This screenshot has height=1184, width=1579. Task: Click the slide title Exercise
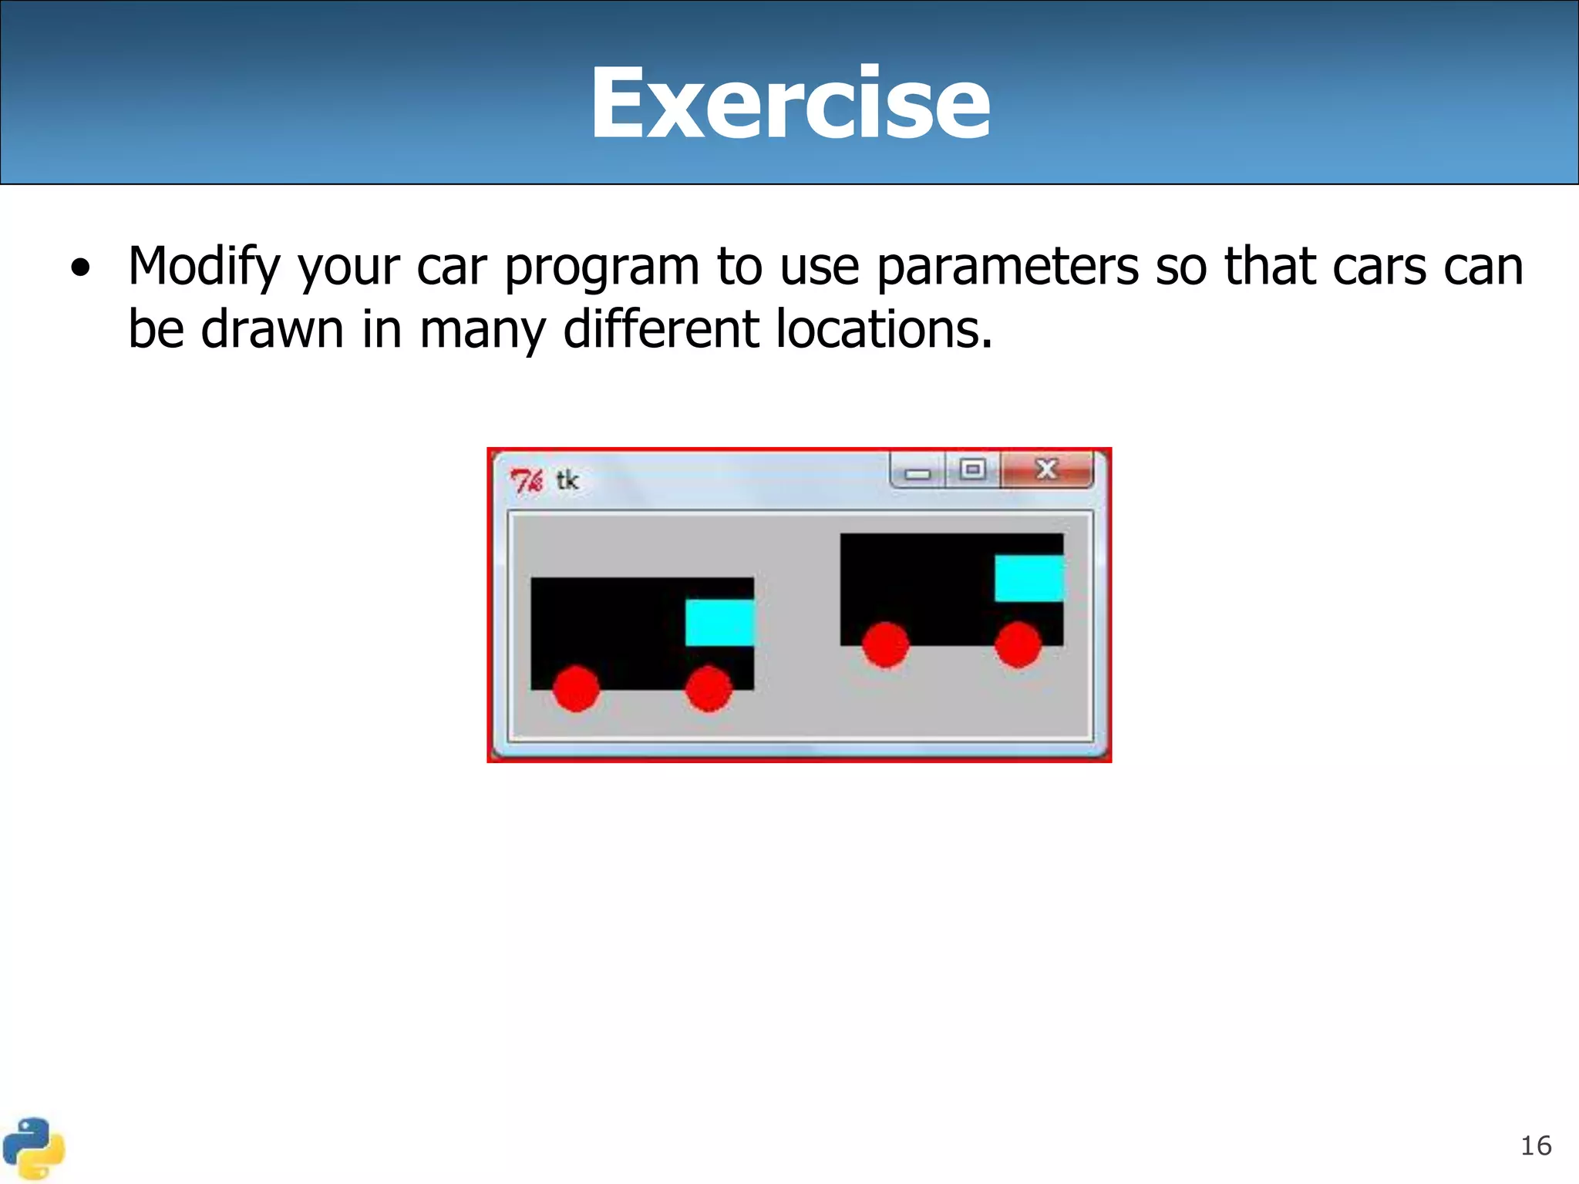(x=789, y=103)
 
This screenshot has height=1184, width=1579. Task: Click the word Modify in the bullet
(x=204, y=267)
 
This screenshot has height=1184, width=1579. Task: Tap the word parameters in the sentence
(x=1007, y=267)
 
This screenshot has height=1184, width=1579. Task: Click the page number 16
(x=1535, y=1145)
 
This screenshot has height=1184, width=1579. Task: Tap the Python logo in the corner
(x=32, y=1149)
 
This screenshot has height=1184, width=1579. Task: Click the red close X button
(x=1046, y=469)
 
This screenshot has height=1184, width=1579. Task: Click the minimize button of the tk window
(x=917, y=472)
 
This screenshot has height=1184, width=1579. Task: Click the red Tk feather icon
(x=527, y=481)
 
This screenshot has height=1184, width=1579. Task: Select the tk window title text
(x=567, y=481)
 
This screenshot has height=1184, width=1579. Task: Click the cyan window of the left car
(x=719, y=623)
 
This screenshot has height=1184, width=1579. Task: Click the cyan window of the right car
(x=1029, y=578)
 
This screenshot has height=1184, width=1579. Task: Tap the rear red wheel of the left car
(x=576, y=688)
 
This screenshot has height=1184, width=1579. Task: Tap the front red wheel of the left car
(x=708, y=688)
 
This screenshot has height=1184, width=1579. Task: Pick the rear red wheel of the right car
(x=885, y=644)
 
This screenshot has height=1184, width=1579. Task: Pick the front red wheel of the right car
(x=1018, y=644)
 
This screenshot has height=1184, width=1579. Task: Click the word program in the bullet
(x=601, y=267)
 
